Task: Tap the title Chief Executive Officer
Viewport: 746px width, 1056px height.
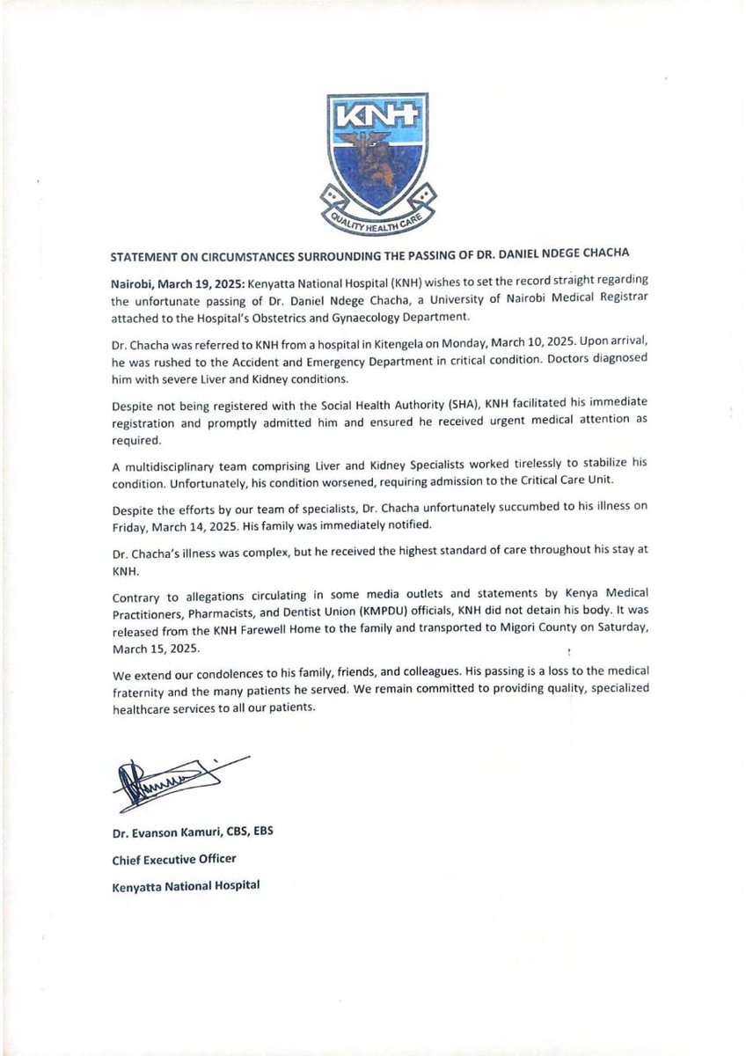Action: click(x=174, y=859)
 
